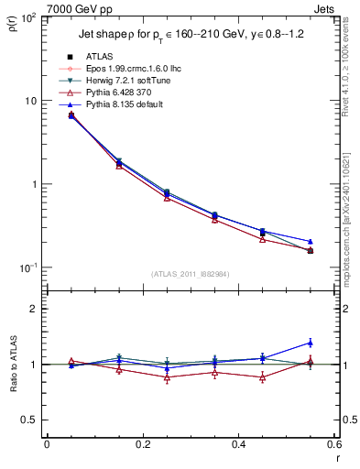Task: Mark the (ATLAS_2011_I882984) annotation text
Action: coord(169,275)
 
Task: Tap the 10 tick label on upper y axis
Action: coord(28,101)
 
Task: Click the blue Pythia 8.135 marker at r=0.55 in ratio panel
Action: coord(310,343)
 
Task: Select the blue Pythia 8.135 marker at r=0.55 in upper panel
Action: coord(310,241)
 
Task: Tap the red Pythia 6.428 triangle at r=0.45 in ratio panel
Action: coord(262,377)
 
